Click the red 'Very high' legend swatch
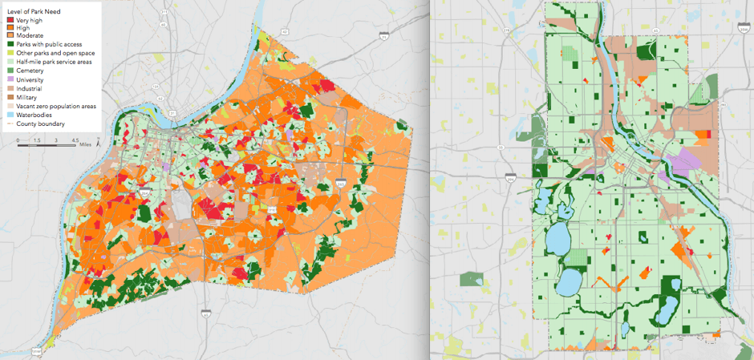pyautogui.click(x=8, y=20)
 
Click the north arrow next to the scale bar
pyautogui.click(x=97, y=144)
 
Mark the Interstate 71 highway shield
pyautogui.click(x=384, y=37)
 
